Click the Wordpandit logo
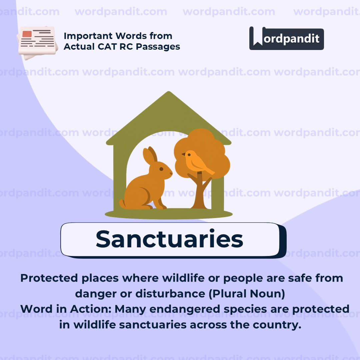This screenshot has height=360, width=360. (x=286, y=38)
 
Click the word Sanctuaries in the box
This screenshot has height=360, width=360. (x=169, y=239)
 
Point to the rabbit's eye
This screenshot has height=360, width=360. (x=161, y=169)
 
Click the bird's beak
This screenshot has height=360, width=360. (x=183, y=154)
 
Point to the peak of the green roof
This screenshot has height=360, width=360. (x=169, y=93)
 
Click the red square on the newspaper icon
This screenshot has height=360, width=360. (x=27, y=34)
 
